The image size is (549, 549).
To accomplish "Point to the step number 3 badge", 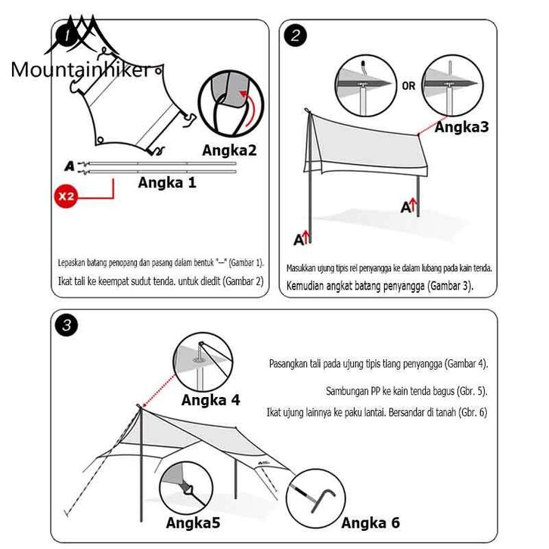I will (67, 326).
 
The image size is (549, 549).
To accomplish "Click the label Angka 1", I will (166, 182).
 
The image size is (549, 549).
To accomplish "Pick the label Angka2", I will (229, 150).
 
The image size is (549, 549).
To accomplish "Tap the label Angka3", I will (461, 126).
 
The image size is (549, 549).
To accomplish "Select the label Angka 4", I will (210, 400).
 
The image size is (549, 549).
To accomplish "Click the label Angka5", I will (193, 523).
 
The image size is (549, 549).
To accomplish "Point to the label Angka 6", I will (371, 523).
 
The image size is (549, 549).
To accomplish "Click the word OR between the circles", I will (408, 86).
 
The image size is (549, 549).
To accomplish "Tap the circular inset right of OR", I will (451, 83).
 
